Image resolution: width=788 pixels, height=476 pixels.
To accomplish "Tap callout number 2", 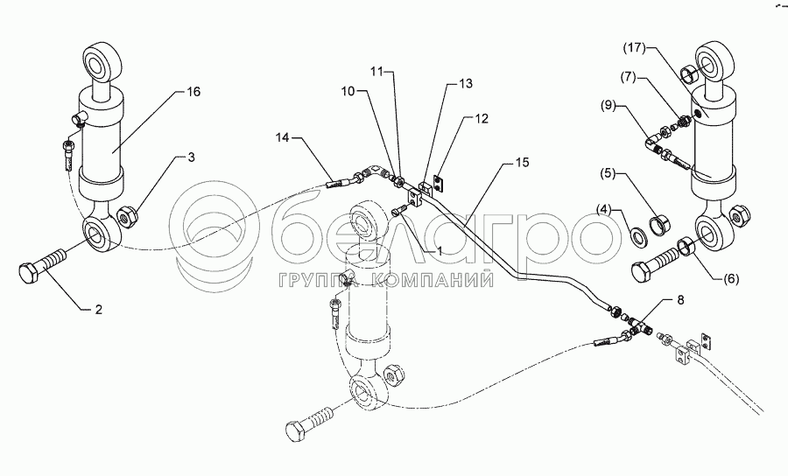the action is tap(98, 309).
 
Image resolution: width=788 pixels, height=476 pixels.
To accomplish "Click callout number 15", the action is tap(523, 162).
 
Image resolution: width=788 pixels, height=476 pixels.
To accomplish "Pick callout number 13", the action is tap(466, 83).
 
